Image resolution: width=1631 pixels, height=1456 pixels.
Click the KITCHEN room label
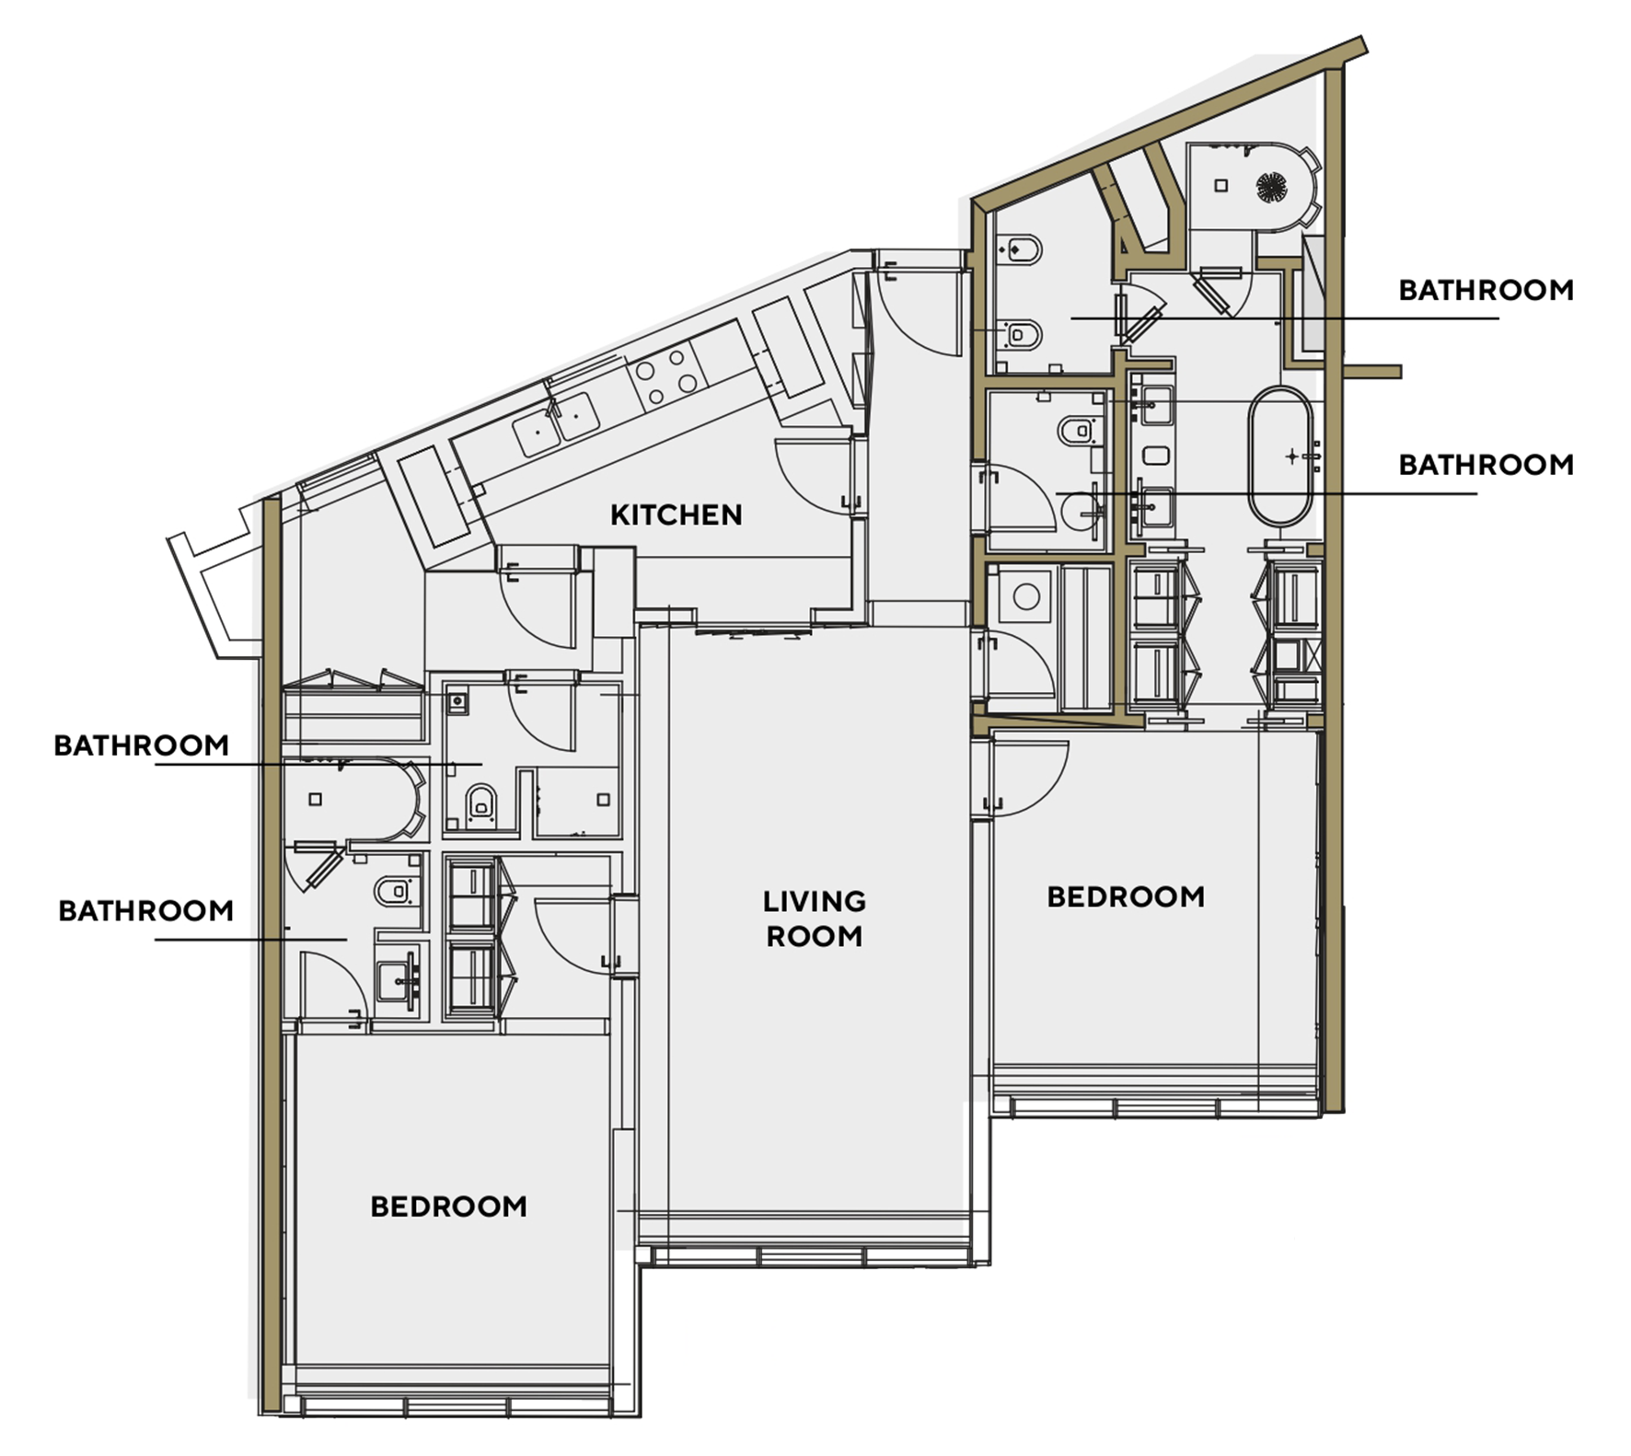pyautogui.click(x=676, y=514)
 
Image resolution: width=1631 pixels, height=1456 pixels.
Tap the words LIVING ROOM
pyautogui.click(x=815, y=919)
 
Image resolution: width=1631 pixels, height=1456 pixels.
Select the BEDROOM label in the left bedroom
pyautogui.click(x=448, y=1207)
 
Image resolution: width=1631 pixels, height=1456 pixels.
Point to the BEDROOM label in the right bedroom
pyautogui.click(x=1126, y=896)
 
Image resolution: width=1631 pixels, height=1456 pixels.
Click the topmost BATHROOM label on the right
pyautogui.click(x=1486, y=290)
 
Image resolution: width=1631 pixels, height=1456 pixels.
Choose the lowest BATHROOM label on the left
pyautogui.click(x=145, y=910)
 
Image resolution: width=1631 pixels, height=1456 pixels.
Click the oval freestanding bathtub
pyautogui.click(x=1280, y=456)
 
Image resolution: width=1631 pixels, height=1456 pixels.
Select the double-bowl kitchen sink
pyautogui.click(x=556, y=424)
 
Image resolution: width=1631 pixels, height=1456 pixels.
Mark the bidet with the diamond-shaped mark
pyautogui.click(x=1021, y=249)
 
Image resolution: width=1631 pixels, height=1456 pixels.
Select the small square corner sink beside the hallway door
pyautogui.click(x=457, y=702)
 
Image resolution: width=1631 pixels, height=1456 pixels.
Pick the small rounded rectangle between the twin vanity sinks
pyautogui.click(x=1155, y=455)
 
